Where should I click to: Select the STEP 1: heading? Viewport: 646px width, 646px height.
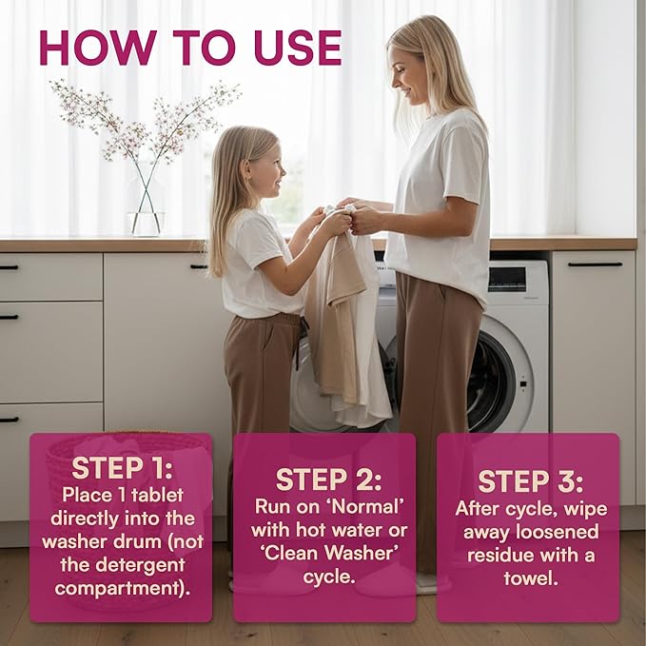122,468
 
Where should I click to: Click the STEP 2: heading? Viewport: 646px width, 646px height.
328,480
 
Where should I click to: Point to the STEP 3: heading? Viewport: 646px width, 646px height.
531,481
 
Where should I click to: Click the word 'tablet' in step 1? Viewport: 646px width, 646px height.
157,496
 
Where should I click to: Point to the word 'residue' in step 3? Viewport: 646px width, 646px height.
500,556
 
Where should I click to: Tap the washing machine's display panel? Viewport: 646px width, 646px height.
507,280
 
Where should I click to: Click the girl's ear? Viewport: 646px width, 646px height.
246,169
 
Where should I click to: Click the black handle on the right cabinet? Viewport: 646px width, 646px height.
595,264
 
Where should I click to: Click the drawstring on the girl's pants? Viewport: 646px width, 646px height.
300,343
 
